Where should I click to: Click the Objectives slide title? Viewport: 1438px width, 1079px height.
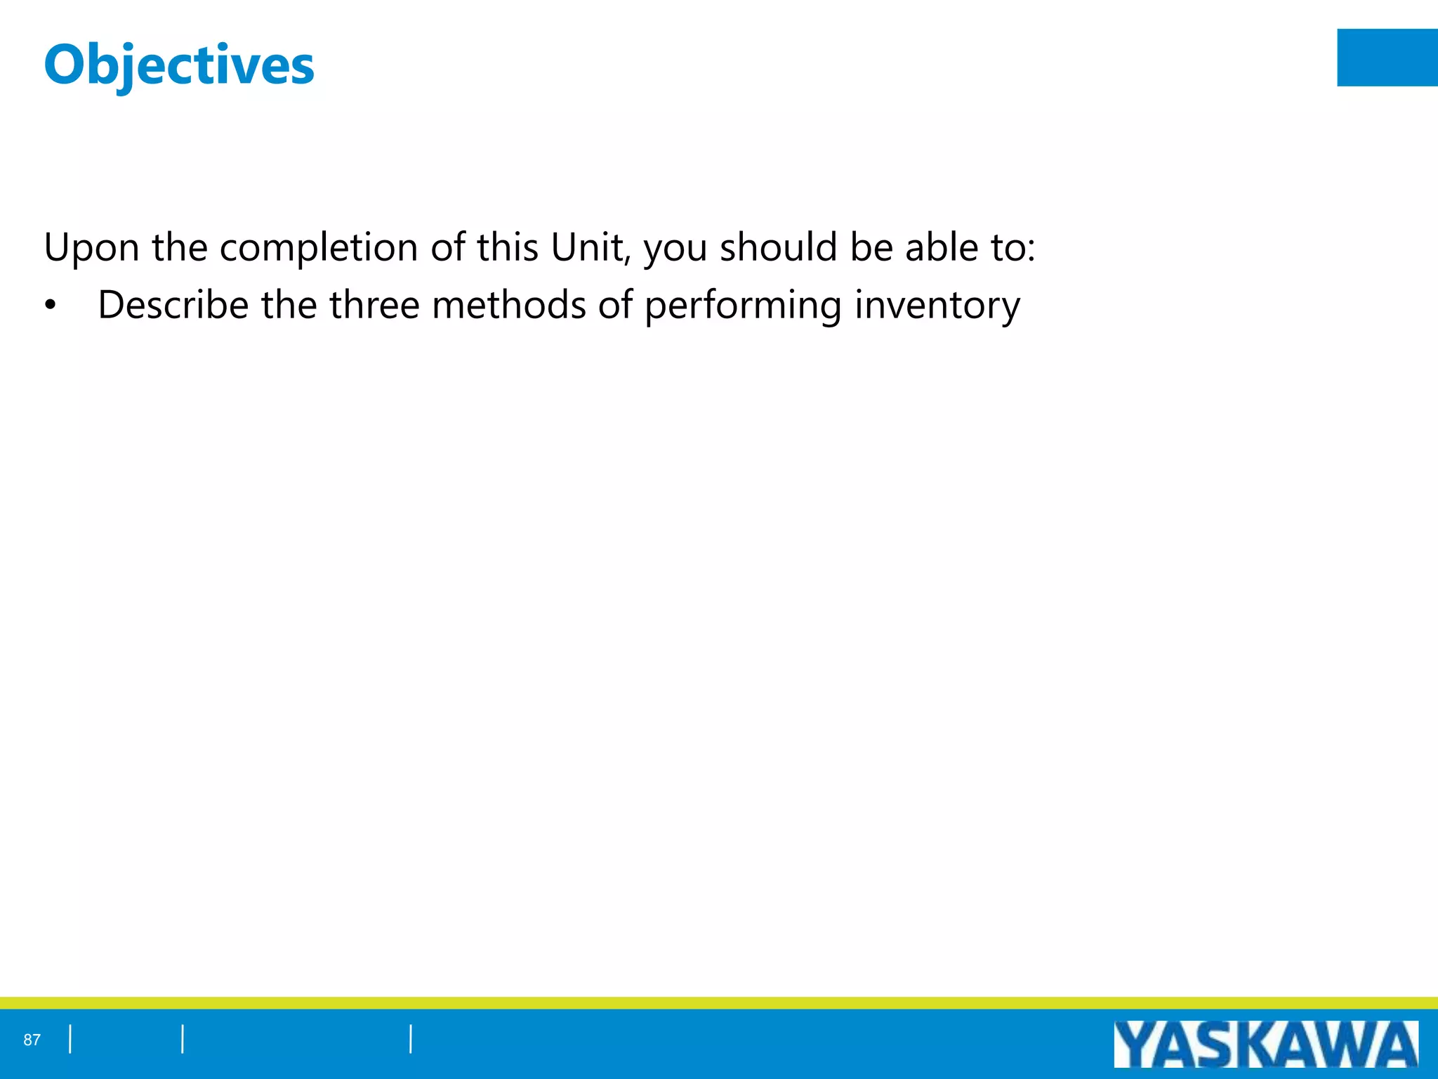(179, 65)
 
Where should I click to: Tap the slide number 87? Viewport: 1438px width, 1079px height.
(32, 1040)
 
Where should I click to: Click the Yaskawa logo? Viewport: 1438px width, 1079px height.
(1265, 1045)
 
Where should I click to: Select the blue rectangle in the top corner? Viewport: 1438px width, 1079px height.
(1387, 58)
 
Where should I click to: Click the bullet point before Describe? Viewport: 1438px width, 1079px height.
(50, 306)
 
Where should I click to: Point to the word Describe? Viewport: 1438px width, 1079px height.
(173, 306)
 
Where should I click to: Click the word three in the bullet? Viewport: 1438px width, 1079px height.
(374, 306)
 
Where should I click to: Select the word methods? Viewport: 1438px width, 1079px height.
(509, 306)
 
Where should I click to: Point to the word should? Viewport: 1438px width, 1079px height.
(778, 247)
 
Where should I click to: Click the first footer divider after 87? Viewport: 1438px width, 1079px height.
(70, 1040)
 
